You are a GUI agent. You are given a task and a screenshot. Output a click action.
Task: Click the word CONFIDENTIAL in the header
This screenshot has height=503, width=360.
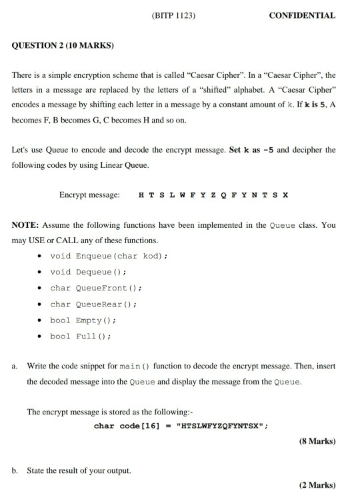(x=302, y=15)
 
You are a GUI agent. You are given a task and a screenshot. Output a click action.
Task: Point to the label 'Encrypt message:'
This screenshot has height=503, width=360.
(x=89, y=195)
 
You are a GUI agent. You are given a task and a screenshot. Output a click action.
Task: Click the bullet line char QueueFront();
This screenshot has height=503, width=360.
(x=96, y=288)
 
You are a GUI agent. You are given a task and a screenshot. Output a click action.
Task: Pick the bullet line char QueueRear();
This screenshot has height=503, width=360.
(x=93, y=304)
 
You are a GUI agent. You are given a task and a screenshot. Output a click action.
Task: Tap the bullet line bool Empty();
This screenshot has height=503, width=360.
(x=83, y=320)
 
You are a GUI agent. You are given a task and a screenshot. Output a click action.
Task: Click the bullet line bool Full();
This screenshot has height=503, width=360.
(x=80, y=336)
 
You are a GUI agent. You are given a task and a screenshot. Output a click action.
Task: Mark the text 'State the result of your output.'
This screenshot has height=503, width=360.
(x=79, y=470)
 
